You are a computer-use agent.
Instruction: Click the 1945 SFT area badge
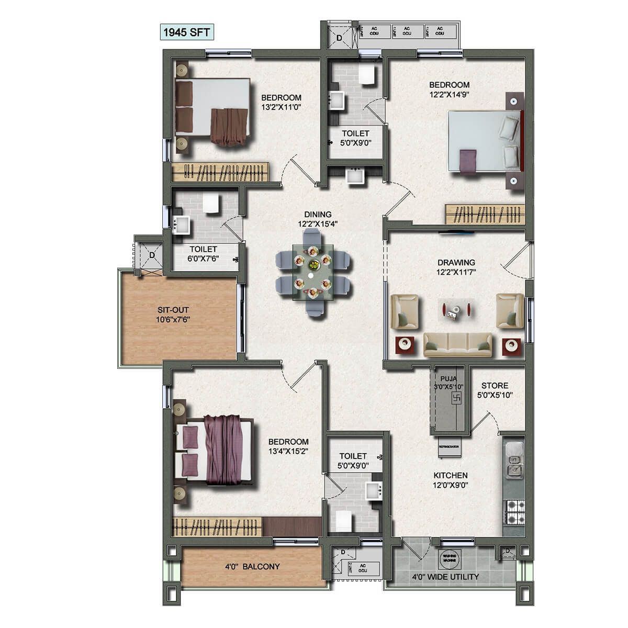pyautogui.click(x=187, y=32)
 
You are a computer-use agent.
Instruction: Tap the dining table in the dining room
pyautogui.click(x=313, y=273)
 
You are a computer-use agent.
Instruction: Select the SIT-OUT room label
pyautogui.click(x=173, y=310)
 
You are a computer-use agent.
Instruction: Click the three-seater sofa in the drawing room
pyautogui.click(x=458, y=344)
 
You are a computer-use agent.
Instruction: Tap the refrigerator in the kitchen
pyautogui.click(x=449, y=446)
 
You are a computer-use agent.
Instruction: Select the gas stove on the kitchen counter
pyautogui.click(x=513, y=512)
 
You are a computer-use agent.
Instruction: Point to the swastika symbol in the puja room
pyautogui.click(x=454, y=399)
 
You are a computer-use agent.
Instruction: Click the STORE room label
pyautogui.click(x=495, y=386)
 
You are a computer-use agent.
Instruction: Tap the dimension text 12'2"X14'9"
pyautogui.click(x=449, y=95)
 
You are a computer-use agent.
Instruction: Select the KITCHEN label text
pyautogui.click(x=451, y=475)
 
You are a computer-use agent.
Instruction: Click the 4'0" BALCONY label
pyautogui.click(x=252, y=566)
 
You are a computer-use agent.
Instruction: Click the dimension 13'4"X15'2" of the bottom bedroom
pyautogui.click(x=288, y=451)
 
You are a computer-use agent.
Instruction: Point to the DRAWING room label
pyautogui.click(x=456, y=262)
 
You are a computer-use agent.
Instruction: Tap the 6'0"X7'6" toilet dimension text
pyautogui.click(x=204, y=259)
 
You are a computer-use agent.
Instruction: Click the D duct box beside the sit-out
pyautogui.click(x=152, y=255)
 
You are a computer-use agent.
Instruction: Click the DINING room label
pyautogui.click(x=318, y=214)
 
